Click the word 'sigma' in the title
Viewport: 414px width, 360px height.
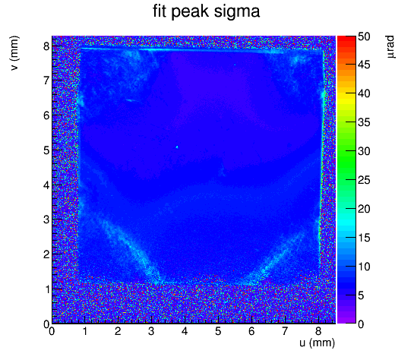click(x=236, y=12)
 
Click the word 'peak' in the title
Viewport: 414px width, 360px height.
click(x=191, y=12)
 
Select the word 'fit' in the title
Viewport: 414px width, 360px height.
click(x=160, y=11)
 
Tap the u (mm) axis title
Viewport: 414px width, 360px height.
click(x=317, y=343)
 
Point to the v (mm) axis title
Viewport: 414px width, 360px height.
click(x=14, y=53)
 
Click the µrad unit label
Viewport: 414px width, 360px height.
click(x=390, y=47)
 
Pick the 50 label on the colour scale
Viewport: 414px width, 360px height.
click(x=364, y=36)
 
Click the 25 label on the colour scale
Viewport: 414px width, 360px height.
click(x=364, y=181)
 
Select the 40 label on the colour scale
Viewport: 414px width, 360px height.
click(x=364, y=93)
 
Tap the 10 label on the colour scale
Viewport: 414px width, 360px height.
click(x=364, y=267)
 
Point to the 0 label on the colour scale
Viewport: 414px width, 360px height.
click(x=361, y=324)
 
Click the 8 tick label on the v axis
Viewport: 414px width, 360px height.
click(x=46, y=46)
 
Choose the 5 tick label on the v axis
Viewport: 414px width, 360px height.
click(x=46, y=150)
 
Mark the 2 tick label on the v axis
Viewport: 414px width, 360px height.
click(x=46, y=254)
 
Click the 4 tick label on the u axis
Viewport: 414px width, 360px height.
click(x=185, y=331)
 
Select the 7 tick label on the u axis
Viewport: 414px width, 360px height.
click(x=285, y=331)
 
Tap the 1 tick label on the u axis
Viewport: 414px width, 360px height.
click(x=85, y=331)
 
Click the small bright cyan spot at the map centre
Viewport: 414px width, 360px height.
click(x=177, y=147)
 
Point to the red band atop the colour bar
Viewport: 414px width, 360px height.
click(x=346, y=39)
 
